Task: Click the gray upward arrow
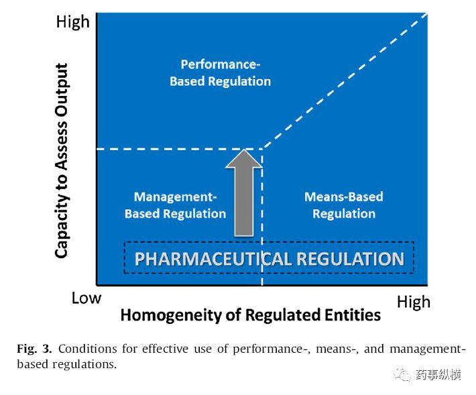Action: (x=244, y=192)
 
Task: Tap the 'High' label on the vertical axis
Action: (x=73, y=22)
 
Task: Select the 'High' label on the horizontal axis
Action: (x=414, y=302)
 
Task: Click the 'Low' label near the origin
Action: (x=86, y=298)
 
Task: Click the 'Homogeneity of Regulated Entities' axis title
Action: (x=251, y=315)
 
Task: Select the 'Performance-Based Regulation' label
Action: (x=220, y=73)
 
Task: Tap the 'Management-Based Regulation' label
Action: (x=175, y=205)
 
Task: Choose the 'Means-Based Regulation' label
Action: (x=344, y=205)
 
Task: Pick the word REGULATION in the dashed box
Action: (x=351, y=259)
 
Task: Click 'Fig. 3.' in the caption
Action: (x=34, y=349)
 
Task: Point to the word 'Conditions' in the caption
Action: (x=87, y=349)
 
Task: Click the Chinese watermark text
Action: (x=438, y=375)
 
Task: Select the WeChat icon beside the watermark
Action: (x=403, y=375)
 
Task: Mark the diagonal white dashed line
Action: (x=345, y=81)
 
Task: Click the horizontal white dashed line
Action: (x=180, y=149)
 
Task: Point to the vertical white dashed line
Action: (x=262, y=217)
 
